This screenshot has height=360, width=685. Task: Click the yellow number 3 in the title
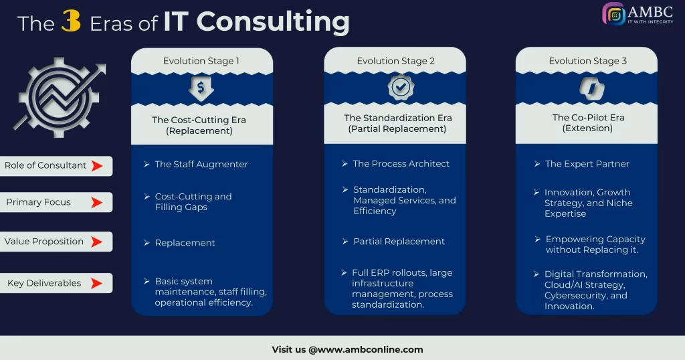click(x=71, y=21)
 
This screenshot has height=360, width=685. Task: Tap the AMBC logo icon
click(x=613, y=15)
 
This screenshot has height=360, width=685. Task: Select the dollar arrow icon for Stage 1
click(x=201, y=88)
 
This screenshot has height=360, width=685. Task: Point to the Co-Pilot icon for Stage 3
click(x=588, y=88)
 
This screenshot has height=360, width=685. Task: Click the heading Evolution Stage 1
click(x=201, y=61)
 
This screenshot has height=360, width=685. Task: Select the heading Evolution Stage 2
click(x=395, y=61)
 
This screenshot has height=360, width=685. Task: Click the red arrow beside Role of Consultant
click(x=97, y=166)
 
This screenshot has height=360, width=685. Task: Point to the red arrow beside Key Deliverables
click(x=97, y=283)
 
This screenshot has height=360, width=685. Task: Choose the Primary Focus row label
click(x=39, y=202)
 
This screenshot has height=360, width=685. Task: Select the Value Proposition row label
click(x=44, y=242)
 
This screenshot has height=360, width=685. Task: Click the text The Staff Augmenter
click(x=201, y=164)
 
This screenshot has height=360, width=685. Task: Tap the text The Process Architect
click(x=401, y=163)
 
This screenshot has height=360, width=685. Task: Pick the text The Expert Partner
click(x=587, y=164)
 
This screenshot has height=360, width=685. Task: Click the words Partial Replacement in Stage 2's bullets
click(x=399, y=242)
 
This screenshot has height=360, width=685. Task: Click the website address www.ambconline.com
click(x=366, y=349)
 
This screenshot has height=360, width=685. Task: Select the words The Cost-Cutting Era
click(x=199, y=120)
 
